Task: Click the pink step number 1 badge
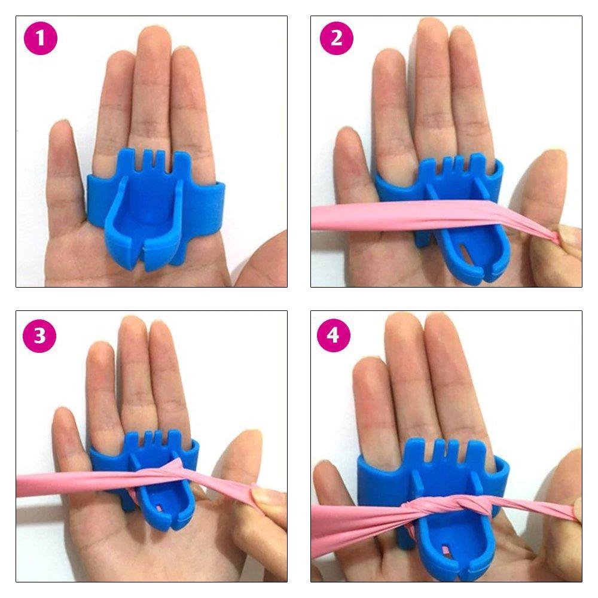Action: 41,38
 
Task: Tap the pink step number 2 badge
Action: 336,38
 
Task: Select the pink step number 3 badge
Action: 39,335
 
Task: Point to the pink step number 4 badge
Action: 334,335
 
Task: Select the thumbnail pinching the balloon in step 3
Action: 264,495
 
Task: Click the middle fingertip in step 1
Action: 152,38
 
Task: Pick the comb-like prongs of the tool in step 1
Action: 152,160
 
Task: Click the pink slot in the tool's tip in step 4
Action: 446,550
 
